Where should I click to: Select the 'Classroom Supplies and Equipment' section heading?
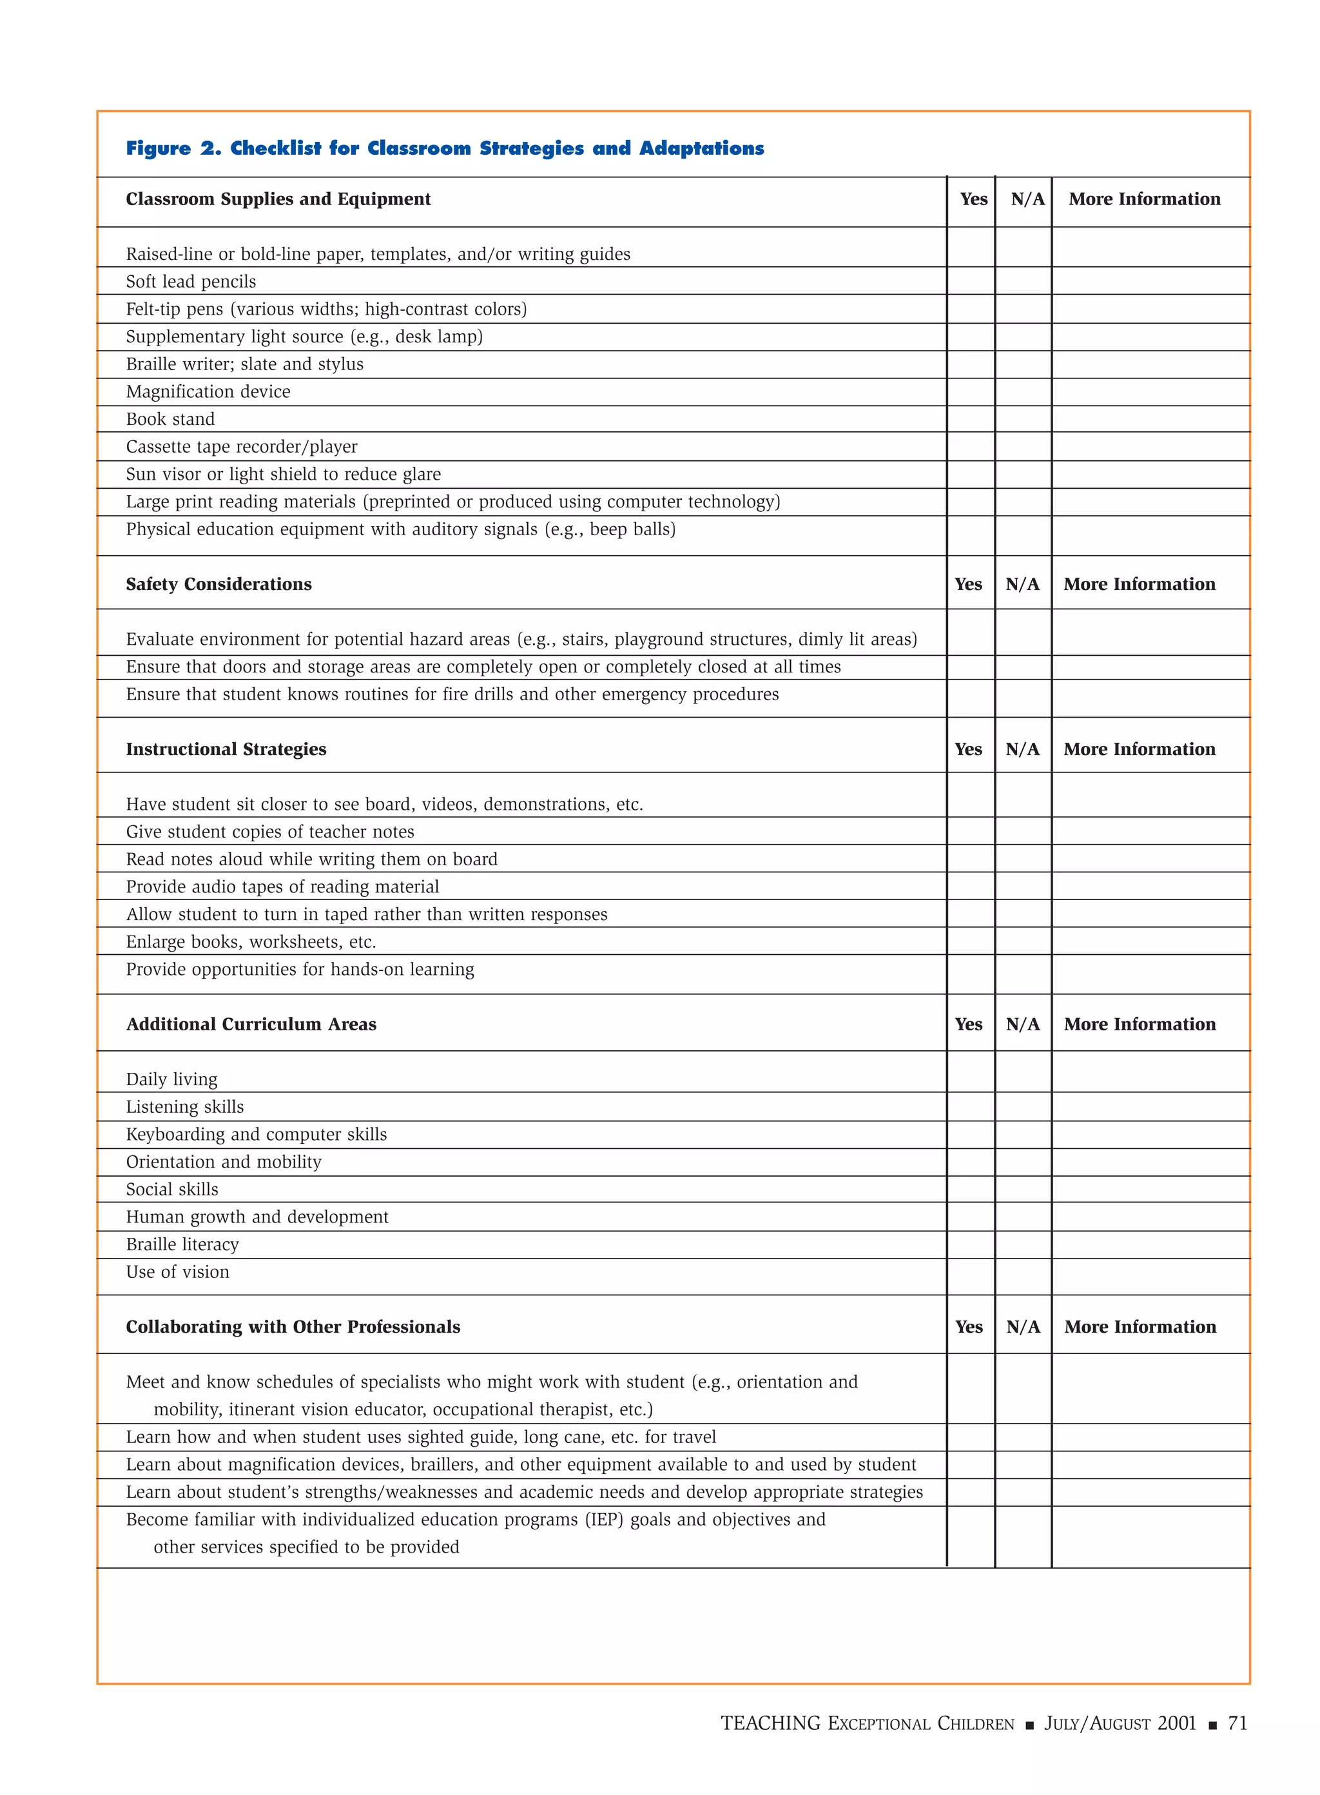click(278, 199)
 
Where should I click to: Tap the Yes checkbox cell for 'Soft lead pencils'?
click(970, 281)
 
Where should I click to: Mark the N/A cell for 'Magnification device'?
click(1023, 391)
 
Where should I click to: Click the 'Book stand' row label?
click(170, 420)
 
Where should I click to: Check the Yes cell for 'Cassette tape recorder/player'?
click(970, 447)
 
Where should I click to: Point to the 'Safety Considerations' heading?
click(218, 584)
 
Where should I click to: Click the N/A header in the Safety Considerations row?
click(1023, 584)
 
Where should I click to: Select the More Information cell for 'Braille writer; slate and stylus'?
click(1150, 364)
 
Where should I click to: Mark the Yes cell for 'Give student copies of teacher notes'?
click(970, 831)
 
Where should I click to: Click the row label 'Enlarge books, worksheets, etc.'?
click(251, 942)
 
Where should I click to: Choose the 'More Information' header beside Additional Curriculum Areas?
click(1140, 1025)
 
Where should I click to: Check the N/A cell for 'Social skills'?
click(1023, 1189)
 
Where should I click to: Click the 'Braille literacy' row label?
click(182, 1245)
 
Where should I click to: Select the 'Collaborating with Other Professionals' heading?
click(293, 1328)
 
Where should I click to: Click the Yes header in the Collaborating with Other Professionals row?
click(969, 1328)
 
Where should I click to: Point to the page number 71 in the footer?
click(1237, 1724)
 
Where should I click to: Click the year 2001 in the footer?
click(1176, 1724)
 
